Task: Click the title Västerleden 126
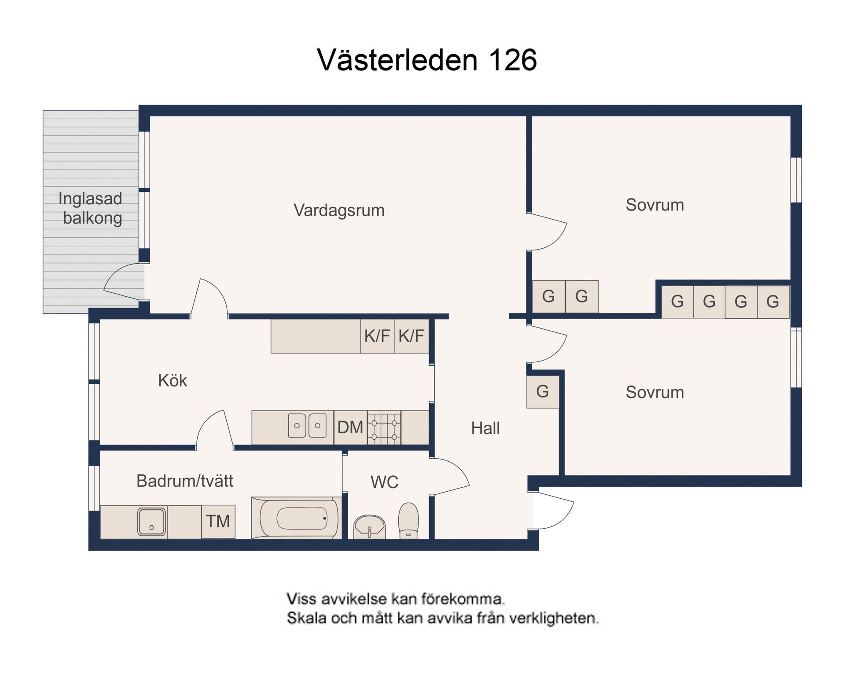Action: click(426, 60)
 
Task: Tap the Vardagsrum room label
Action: click(339, 210)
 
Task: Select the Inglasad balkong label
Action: click(91, 208)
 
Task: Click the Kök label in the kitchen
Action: click(172, 380)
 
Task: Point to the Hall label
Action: click(485, 428)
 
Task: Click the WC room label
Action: click(384, 482)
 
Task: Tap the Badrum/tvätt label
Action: click(184, 481)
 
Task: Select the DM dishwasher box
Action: click(350, 427)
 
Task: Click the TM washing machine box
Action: click(218, 522)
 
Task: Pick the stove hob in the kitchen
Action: click(384, 427)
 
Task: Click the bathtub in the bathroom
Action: click(296, 518)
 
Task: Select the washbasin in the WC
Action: click(370, 526)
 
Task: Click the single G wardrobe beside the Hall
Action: click(543, 391)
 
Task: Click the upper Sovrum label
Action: click(654, 205)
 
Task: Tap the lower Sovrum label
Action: click(654, 392)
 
